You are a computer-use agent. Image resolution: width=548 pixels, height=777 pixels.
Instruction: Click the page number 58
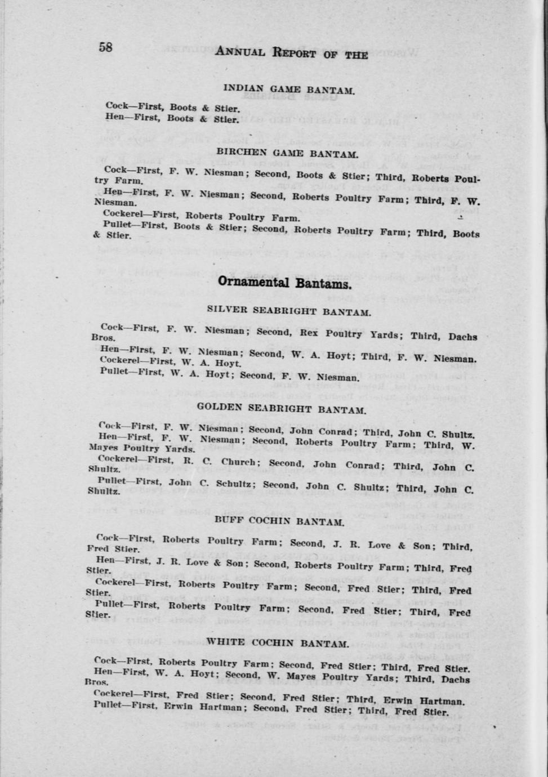tap(105, 47)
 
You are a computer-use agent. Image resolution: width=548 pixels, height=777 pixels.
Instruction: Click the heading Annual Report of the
tap(292, 53)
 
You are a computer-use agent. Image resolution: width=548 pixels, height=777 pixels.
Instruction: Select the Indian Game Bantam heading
tap(289, 89)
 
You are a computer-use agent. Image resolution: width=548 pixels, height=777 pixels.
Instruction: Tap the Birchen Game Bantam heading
tap(287, 153)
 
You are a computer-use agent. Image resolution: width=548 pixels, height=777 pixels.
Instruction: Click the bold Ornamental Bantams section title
tap(284, 282)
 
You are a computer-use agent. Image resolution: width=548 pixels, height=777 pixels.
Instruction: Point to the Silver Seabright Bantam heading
tap(288, 310)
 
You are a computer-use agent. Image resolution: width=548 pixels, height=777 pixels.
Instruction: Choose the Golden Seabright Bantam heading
tap(282, 409)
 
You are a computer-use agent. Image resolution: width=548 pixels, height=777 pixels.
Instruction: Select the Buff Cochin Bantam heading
tap(279, 521)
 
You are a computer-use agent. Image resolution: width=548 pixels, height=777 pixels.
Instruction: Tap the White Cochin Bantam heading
tap(278, 642)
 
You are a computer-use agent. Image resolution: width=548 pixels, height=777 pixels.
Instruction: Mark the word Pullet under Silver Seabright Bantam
tap(113, 371)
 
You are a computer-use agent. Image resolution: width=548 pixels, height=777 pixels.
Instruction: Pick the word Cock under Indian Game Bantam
tap(117, 105)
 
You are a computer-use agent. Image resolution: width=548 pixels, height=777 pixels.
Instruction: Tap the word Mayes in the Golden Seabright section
tap(103, 448)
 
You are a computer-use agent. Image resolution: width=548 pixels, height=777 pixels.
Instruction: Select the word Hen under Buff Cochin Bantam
tap(105, 560)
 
